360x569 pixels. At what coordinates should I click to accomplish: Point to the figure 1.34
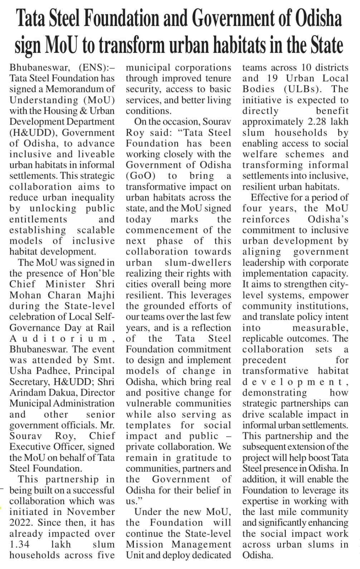point(20,545)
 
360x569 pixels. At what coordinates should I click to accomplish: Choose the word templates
point(149,425)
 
